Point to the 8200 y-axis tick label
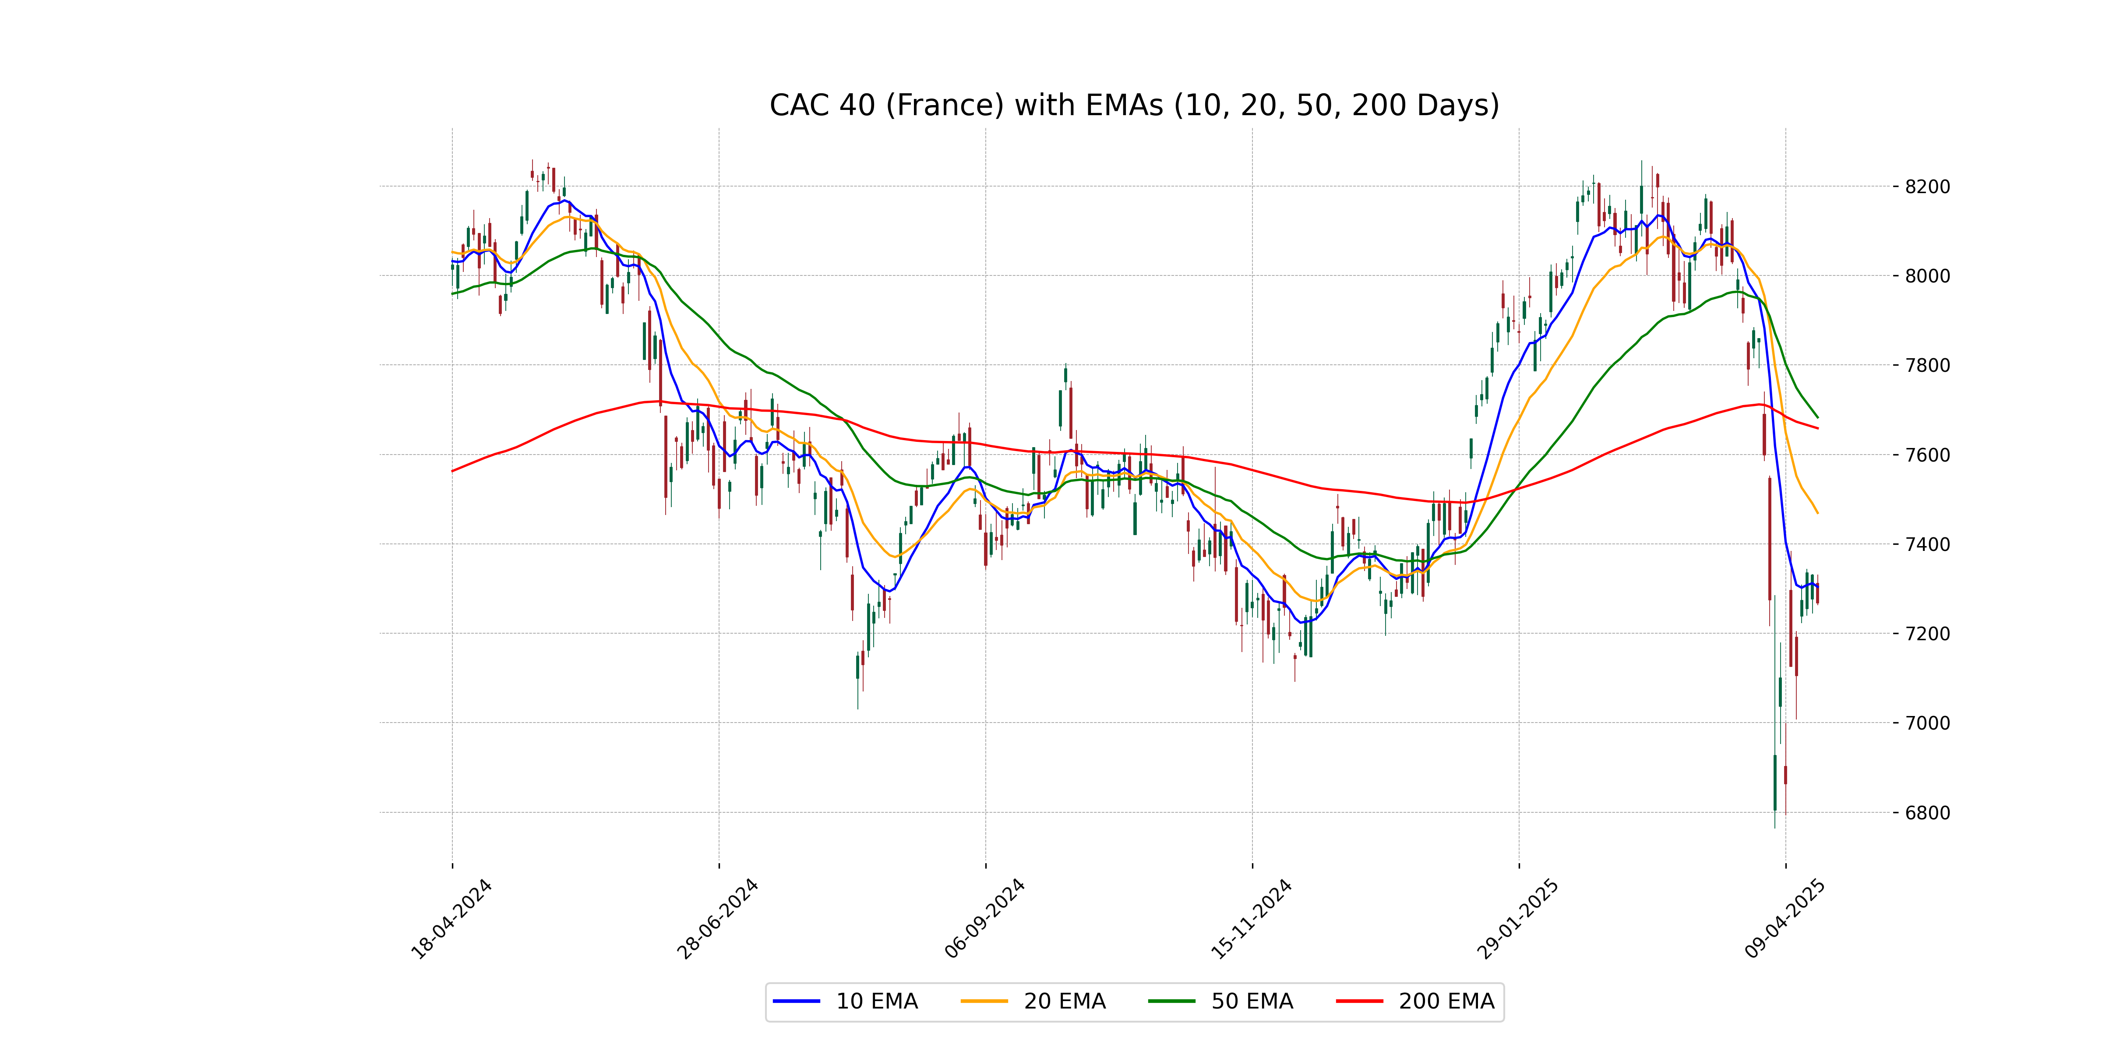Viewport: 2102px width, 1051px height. [x=1926, y=187]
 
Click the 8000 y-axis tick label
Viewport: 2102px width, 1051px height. [x=1926, y=276]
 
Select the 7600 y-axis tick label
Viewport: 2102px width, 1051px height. [x=1926, y=455]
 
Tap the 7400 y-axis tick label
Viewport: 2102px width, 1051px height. [x=1926, y=544]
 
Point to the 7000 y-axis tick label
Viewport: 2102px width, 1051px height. [x=1926, y=723]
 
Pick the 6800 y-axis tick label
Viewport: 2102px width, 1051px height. [x=1926, y=813]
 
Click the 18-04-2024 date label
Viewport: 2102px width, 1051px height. [x=451, y=919]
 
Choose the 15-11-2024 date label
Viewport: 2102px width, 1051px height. [x=1252, y=919]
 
